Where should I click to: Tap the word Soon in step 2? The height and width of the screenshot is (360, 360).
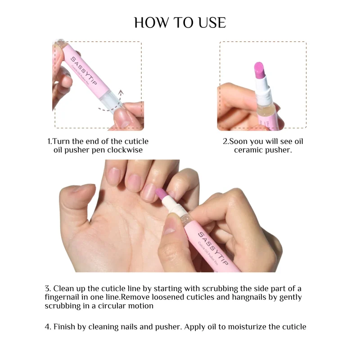238,141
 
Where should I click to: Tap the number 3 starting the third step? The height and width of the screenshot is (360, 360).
47,288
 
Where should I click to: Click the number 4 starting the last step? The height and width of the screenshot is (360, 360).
47,327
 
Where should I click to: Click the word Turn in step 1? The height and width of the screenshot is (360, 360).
61,141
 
